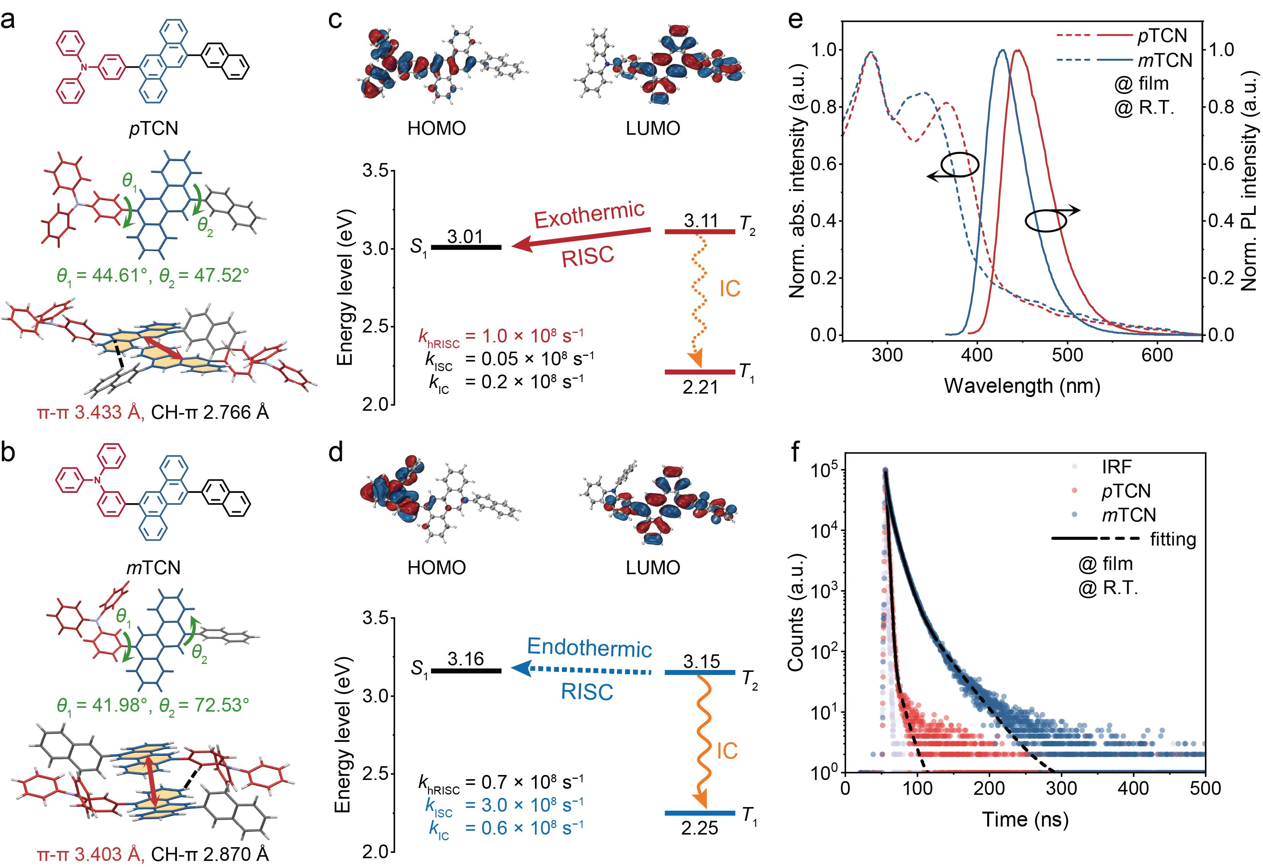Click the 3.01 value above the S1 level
pos(465,237)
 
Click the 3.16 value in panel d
pos(465,659)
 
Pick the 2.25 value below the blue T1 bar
pos(700,828)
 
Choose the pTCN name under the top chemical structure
pos(153,128)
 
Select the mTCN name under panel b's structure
pos(153,568)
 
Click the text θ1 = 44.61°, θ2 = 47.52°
pos(153,275)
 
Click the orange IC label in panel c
pos(729,289)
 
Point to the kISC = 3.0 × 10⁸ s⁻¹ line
pos(503,805)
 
